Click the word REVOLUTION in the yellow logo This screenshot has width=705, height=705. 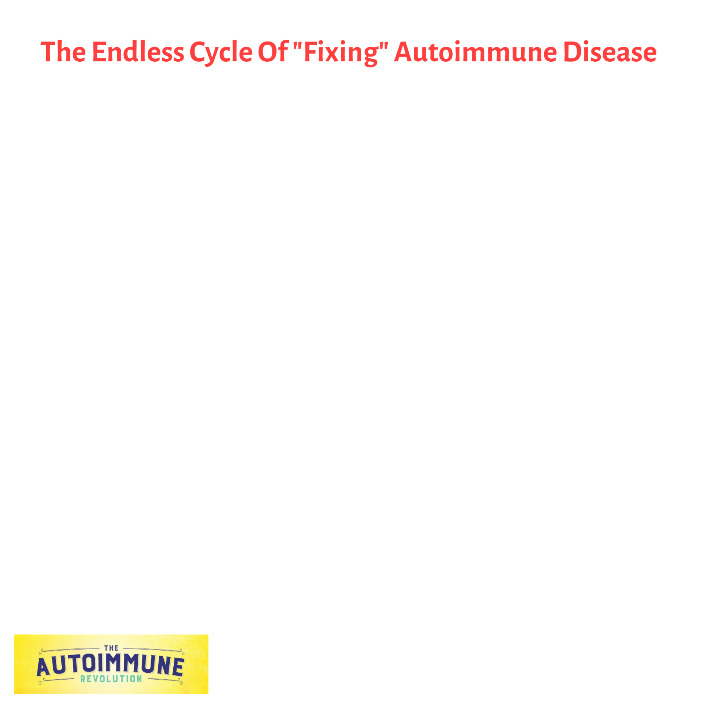click(x=111, y=679)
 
